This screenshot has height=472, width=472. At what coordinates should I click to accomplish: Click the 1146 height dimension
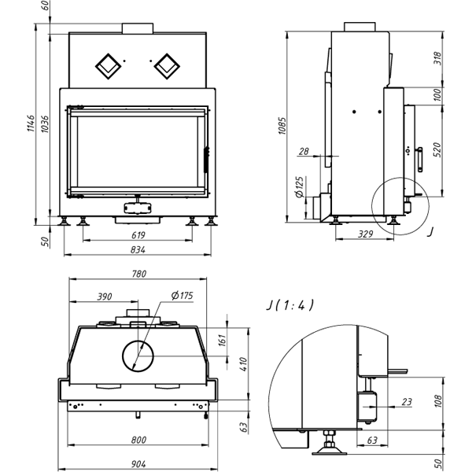coord(31,124)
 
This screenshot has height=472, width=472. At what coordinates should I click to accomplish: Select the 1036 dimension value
coord(44,124)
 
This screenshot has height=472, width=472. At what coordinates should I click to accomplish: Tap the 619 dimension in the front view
coord(138,235)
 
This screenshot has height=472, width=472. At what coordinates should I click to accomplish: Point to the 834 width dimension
coord(138,250)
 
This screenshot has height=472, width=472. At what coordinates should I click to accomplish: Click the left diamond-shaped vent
coord(108,66)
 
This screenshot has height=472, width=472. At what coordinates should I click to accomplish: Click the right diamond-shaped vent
coord(167,66)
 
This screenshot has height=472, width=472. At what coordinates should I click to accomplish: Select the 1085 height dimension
coord(282,126)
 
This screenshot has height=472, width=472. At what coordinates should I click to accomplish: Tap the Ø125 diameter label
coord(300,187)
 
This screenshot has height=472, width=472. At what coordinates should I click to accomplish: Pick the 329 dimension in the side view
coord(365,234)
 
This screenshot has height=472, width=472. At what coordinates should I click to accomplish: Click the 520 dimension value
coord(438,149)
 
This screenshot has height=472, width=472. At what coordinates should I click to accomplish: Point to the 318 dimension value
coord(438,58)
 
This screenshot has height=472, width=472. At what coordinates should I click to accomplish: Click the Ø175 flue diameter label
coord(183,295)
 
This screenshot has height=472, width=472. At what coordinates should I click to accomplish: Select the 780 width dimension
coord(139,274)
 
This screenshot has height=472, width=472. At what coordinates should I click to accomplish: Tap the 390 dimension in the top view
coord(105,297)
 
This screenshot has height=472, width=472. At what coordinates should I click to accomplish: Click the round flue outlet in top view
coord(138,356)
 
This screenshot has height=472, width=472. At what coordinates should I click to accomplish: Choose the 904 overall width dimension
coord(138,464)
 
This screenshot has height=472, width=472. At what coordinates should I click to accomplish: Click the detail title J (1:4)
coord(290,305)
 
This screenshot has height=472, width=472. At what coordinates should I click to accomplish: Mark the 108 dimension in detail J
coord(438,400)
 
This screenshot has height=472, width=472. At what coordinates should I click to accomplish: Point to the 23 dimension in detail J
coord(407,401)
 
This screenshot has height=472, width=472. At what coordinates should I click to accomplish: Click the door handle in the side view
coord(419,160)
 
